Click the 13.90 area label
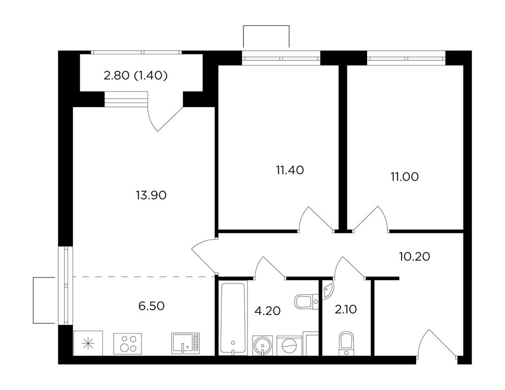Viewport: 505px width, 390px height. click(x=151, y=195)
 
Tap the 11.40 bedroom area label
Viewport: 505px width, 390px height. click(x=290, y=170)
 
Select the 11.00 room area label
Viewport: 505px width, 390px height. click(x=405, y=177)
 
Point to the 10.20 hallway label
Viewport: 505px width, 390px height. click(x=415, y=256)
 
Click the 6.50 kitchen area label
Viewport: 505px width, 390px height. click(x=152, y=306)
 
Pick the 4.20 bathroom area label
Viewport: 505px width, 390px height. click(x=267, y=311)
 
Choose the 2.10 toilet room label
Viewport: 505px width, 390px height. click(x=346, y=310)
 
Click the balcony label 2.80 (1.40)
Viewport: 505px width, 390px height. click(x=135, y=76)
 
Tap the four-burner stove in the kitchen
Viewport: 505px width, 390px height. click(x=128, y=344)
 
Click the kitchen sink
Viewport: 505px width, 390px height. click(x=186, y=344)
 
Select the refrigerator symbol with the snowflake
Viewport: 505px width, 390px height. click(x=88, y=343)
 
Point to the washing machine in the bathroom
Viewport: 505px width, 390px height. click(x=290, y=346)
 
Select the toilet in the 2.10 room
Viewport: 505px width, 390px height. click(x=346, y=344)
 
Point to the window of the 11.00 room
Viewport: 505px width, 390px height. click(x=407, y=58)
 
